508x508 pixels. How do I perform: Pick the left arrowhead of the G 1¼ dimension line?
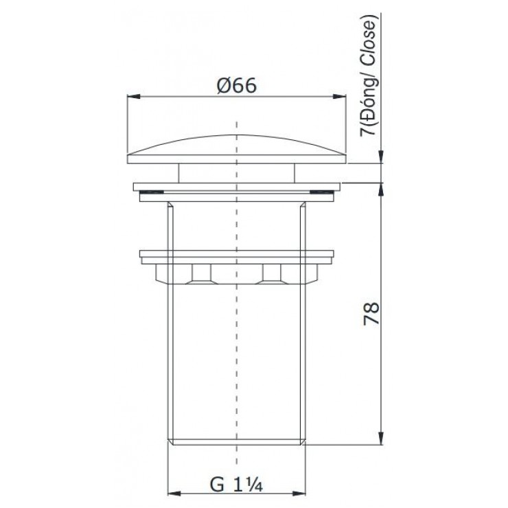tap(173, 494)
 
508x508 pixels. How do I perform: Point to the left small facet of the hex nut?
tap(202, 275)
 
